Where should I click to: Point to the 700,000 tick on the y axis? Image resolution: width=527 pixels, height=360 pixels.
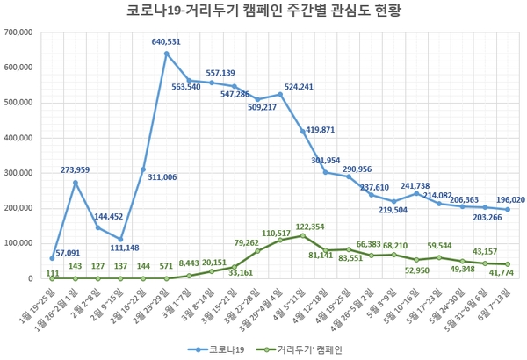[18, 32]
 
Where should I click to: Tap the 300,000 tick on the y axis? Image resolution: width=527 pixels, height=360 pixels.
[18, 173]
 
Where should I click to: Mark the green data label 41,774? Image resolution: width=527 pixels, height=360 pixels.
[501, 274]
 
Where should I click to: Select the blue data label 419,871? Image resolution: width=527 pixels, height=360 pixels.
[323, 130]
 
